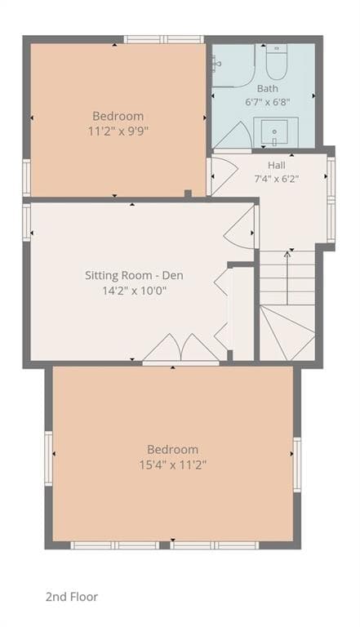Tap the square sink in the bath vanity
(x=274, y=132)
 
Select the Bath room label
(x=267, y=88)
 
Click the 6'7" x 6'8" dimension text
(x=267, y=102)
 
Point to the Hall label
(x=277, y=165)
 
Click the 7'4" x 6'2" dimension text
(x=277, y=178)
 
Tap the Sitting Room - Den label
(x=134, y=275)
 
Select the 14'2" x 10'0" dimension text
(x=134, y=291)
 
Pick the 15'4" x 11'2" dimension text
(x=173, y=465)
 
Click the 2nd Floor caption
(x=72, y=597)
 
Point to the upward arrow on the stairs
(x=287, y=278)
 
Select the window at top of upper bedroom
(x=164, y=39)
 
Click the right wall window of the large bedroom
(x=297, y=465)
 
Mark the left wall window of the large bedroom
(x=48, y=458)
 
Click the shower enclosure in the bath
(x=233, y=65)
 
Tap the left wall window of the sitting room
(x=27, y=222)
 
